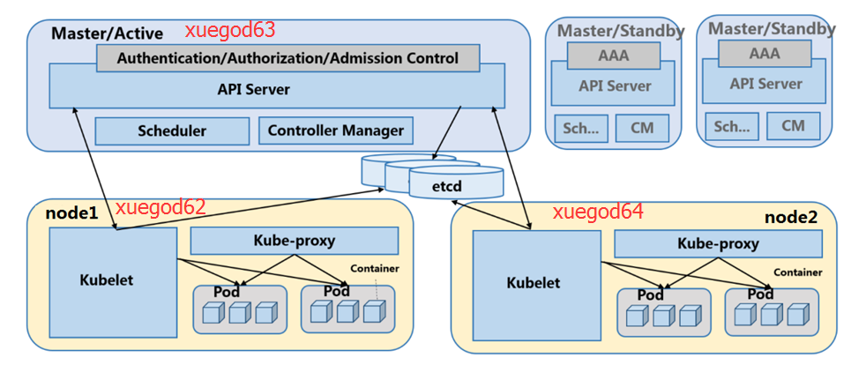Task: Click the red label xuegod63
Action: (x=229, y=31)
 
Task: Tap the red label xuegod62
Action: (x=160, y=207)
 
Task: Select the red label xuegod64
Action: (x=598, y=212)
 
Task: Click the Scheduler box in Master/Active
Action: (x=171, y=131)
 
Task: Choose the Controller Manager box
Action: (x=335, y=131)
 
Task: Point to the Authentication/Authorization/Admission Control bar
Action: (x=287, y=59)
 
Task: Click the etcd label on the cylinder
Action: (x=446, y=187)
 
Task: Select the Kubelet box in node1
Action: (x=113, y=279)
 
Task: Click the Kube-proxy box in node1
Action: (x=294, y=240)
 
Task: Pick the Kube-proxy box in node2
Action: (x=717, y=243)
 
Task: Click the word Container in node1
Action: (x=375, y=268)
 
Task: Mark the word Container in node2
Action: (x=798, y=272)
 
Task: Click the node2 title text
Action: (x=790, y=217)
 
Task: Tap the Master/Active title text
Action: (x=107, y=34)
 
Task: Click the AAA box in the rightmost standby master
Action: (x=765, y=53)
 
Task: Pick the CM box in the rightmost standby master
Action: (x=793, y=126)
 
